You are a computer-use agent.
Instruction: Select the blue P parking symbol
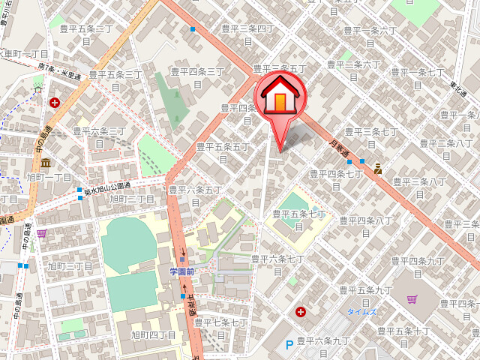coord(289,346)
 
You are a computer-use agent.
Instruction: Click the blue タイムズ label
coord(362,310)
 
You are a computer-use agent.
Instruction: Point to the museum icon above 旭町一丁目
coord(46,163)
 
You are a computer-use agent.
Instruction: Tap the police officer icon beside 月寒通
coord(378,169)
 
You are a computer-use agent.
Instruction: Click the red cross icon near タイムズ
coord(301,311)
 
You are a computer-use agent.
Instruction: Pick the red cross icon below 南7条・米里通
coord(55,102)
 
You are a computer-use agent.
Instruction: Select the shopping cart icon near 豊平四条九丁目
coord(412,299)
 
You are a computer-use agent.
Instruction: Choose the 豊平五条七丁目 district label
coord(300,218)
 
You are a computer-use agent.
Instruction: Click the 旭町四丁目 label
coord(153,335)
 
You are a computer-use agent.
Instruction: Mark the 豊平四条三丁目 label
coord(197,76)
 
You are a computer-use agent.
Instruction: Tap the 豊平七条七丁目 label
coord(220,327)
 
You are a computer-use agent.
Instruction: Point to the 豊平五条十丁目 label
coord(403,334)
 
